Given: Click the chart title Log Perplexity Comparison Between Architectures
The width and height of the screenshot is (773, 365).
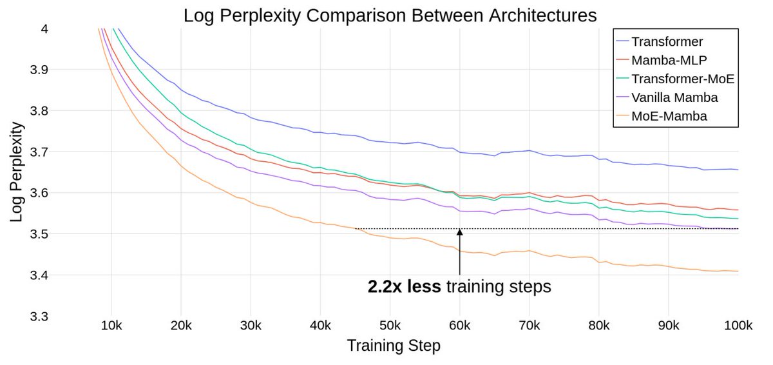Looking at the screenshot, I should point(390,15).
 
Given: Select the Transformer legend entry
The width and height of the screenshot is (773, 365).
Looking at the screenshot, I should point(667,42).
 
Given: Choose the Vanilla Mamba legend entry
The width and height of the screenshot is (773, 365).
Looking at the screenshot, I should point(674,98).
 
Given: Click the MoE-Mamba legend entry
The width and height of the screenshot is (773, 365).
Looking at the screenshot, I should point(669,117).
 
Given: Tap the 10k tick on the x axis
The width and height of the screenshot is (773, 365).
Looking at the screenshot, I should point(111,326).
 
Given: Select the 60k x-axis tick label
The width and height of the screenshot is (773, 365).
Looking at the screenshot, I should point(459,326).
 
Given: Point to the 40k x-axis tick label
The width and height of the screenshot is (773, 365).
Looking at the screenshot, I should point(320,326).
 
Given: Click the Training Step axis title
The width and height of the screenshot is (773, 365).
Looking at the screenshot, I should point(394,346).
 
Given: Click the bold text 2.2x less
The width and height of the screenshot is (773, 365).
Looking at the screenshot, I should point(404,287).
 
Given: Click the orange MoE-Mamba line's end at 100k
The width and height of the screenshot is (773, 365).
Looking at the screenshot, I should point(738,271).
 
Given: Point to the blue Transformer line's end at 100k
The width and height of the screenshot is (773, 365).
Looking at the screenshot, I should point(738,170).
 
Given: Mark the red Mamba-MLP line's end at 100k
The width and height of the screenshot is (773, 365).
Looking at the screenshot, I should point(738,210).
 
